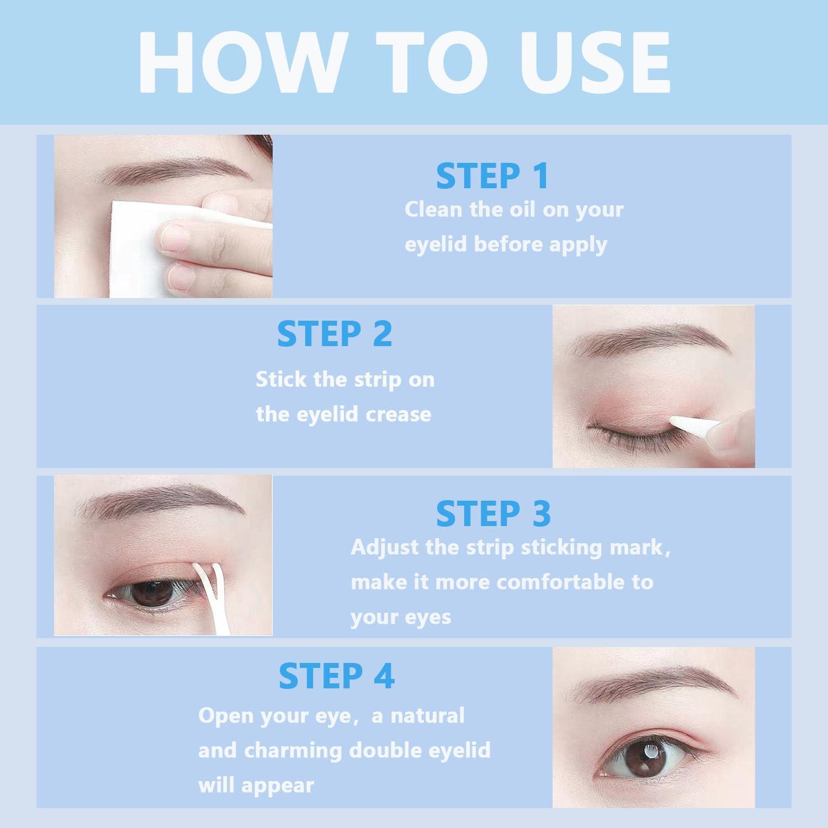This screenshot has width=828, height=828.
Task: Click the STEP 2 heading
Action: point(335,334)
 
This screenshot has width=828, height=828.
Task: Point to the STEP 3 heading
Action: point(493,514)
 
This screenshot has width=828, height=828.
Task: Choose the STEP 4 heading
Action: point(336,676)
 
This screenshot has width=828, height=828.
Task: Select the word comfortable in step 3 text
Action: point(562,582)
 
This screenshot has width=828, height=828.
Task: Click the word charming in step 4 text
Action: point(293,751)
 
